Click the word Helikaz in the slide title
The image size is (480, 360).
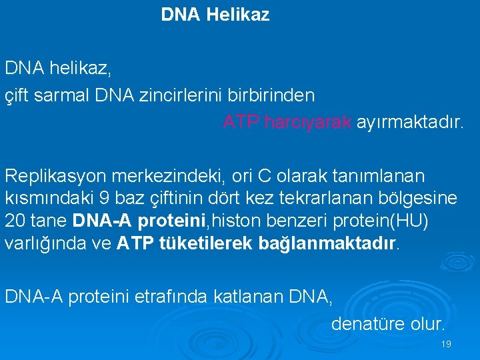238,15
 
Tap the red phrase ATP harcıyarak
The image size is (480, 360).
287,123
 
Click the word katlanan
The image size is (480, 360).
245,297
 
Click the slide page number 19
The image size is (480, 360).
446,344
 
